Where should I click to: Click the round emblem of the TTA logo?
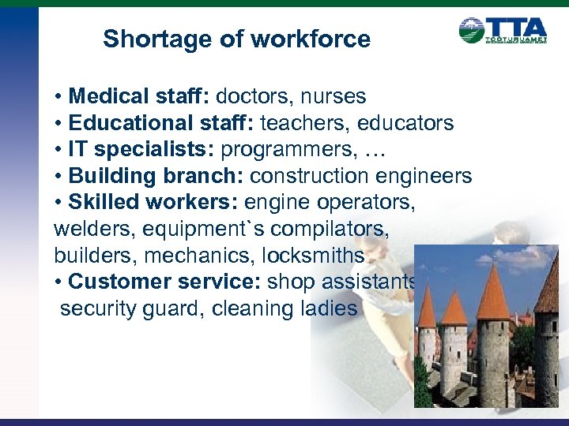pyautogui.click(x=472, y=31)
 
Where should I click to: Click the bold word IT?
pyautogui.click(x=78, y=150)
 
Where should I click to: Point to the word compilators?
pyautogui.click(x=317, y=229)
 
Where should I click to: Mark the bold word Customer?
pyautogui.click(x=119, y=282)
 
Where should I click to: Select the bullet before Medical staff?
pyautogui.click(x=59, y=98)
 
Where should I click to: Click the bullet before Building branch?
pyautogui.click(x=59, y=177)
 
